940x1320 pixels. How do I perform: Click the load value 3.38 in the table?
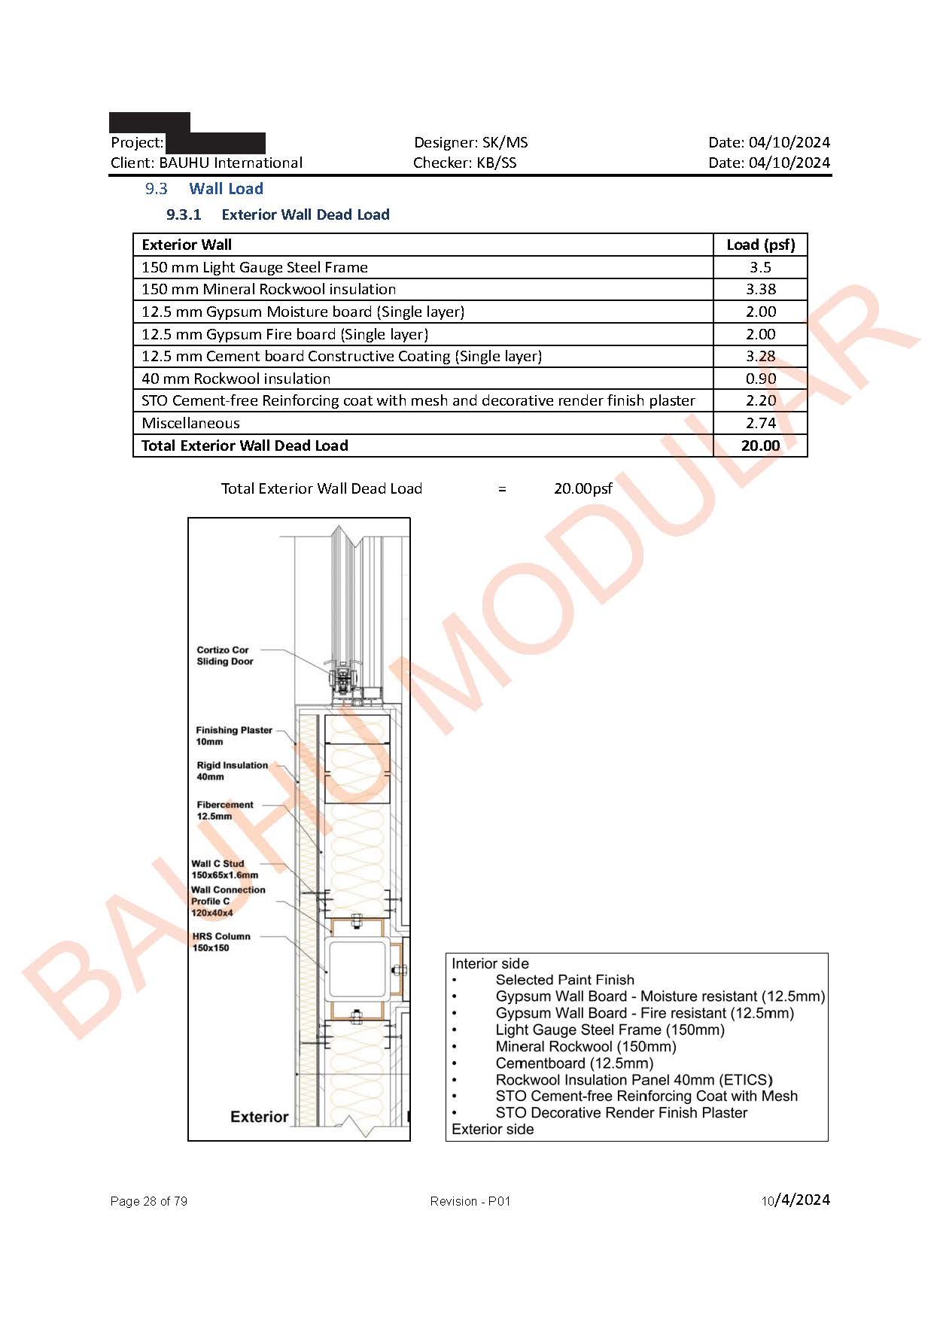(x=760, y=289)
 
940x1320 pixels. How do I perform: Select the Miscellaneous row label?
(x=190, y=423)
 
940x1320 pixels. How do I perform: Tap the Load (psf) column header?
(x=760, y=245)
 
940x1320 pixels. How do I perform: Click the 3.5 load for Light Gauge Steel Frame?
(x=760, y=267)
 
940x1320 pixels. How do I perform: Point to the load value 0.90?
(x=760, y=379)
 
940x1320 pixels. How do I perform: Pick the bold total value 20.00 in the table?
(x=760, y=446)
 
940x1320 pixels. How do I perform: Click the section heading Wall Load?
(x=226, y=189)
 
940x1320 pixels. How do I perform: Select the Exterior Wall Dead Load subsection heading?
(x=305, y=214)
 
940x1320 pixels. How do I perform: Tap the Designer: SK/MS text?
(x=470, y=142)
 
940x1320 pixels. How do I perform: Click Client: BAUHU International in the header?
(x=206, y=163)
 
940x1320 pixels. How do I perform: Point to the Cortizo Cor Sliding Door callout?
(x=224, y=655)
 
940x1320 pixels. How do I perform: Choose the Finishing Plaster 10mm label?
(x=233, y=735)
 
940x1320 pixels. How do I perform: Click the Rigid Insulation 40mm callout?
(x=232, y=771)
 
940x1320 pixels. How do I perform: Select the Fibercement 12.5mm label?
(x=224, y=810)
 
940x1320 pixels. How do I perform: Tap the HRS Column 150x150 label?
(x=221, y=941)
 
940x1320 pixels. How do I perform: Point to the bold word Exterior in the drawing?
(x=259, y=1117)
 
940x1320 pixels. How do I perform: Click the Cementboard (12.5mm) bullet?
(x=573, y=1063)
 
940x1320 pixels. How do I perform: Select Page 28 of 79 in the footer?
(x=148, y=1201)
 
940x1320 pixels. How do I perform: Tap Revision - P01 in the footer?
(x=470, y=1201)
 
